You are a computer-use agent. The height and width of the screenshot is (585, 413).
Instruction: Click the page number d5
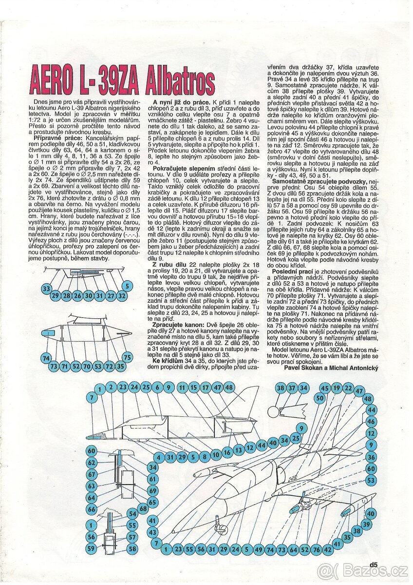click(x=374, y=565)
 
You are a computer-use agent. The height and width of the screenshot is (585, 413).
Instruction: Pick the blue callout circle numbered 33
click(x=46, y=289)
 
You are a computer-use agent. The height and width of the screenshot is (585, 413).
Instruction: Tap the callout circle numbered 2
click(x=111, y=387)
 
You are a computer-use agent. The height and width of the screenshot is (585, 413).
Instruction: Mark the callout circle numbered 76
click(x=316, y=549)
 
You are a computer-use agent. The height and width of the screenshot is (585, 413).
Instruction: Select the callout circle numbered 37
click(x=292, y=388)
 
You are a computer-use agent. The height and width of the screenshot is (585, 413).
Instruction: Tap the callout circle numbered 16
click(x=226, y=453)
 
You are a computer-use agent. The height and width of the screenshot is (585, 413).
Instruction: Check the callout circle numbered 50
click(x=319, y=398)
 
